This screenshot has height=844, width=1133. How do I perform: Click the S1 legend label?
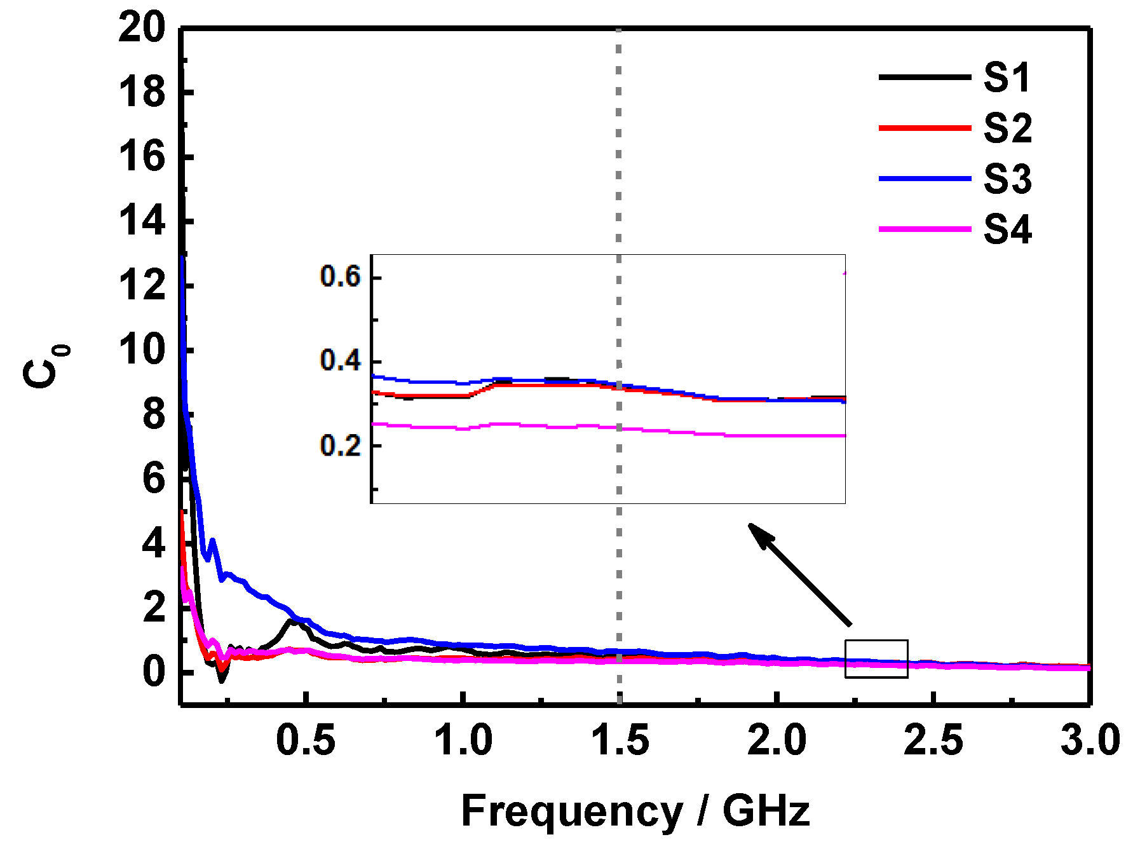(1007, 78)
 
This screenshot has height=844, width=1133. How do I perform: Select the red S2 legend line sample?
(925, 128)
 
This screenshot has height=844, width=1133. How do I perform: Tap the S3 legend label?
(1007, 179)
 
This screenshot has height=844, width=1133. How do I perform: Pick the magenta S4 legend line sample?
(925, 229)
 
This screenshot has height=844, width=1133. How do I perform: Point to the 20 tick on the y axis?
(141, 28)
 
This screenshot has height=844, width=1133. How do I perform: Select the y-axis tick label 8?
(154, 415)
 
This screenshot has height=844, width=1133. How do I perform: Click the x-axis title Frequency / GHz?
(635, 812)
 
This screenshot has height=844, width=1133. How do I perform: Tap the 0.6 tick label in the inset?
(340, 277)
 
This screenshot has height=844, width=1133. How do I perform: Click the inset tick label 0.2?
(340, 446)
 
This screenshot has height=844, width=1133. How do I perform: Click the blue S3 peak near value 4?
(212, 541)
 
